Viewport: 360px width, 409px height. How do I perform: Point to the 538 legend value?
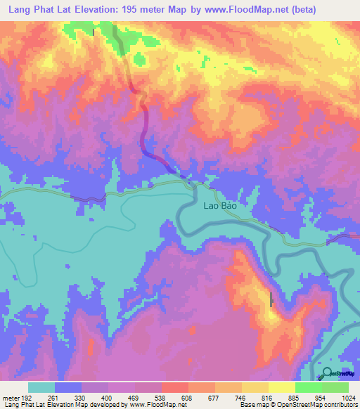(x=160, y=398)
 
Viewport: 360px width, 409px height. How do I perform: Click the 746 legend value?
(x=240, y=398)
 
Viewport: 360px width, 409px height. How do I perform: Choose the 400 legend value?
(x=107, y=398)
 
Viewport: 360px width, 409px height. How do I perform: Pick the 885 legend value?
(x=294, y=398)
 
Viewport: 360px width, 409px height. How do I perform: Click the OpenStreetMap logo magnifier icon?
(x=327, y=373)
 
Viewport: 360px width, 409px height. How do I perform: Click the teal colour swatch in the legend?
(x=41, y=387)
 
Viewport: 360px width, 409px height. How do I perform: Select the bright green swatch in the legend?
(x=308, y=387)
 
